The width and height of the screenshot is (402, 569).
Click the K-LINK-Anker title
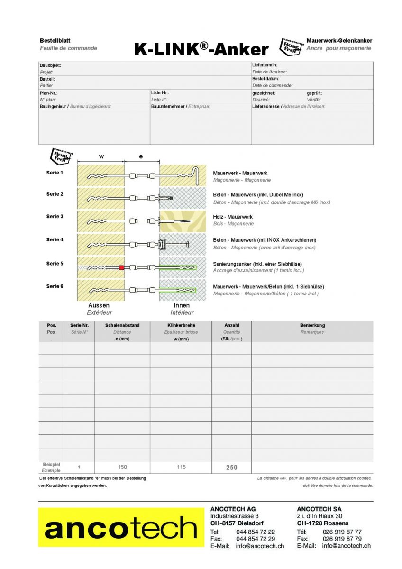[x=201, y=49]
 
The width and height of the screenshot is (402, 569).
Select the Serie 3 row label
[x=55, y=217]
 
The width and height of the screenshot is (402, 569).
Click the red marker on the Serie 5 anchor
[x=122, y=268]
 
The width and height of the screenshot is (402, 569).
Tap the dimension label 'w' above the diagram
[x=101, y=156]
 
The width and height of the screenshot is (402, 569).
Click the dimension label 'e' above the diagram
[x=141, y=156]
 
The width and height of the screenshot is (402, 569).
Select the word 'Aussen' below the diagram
[x=99, y=306]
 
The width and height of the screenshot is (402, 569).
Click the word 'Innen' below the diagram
[x=182, y=306]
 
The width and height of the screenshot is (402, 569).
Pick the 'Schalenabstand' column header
[x=122, y=325]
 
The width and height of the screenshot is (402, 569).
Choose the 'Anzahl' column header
[x=231, y=325]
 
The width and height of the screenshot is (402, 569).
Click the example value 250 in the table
[x=232, y=468]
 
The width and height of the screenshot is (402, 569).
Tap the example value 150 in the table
[x=122, y=468]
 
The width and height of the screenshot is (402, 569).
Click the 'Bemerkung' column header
[x=312, y=325]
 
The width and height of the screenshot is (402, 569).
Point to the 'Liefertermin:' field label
[x=265, y=65]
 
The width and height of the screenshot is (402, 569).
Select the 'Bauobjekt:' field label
[x=50, y=65]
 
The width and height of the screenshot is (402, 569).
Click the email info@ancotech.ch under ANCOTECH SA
[x=347, y=546]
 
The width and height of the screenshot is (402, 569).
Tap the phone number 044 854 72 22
[x=256, y=532]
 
